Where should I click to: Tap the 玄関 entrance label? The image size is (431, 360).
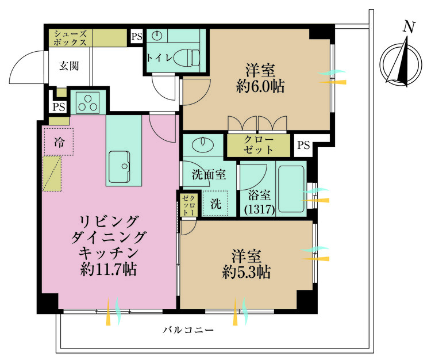69,66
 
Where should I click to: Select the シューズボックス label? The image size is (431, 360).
70,38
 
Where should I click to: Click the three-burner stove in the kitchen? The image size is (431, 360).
87,102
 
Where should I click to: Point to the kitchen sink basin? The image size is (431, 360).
119,167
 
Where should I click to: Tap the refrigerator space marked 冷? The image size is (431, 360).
59,142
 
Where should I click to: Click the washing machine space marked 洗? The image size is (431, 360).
215,204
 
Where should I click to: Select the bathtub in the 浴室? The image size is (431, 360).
291,189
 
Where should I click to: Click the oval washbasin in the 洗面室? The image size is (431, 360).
203,144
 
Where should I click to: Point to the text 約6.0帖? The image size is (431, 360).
260,87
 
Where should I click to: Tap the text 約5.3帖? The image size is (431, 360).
247,272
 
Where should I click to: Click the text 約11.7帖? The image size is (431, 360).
108,270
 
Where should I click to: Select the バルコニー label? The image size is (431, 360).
188,330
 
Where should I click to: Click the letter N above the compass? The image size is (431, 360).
409,27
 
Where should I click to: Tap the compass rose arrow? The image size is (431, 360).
401,62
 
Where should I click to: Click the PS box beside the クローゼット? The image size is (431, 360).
303,145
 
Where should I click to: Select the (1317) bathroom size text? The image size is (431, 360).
260,210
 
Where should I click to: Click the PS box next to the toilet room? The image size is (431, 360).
137,37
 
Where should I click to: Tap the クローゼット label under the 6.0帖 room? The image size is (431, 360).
259,145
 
